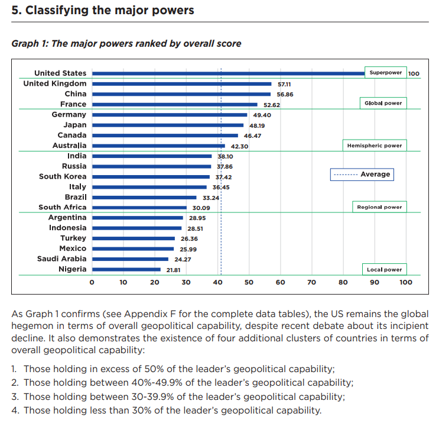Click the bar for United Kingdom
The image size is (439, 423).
click(181, 84)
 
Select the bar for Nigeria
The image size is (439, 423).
click(126, 269)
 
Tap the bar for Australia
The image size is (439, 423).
click(158, 146)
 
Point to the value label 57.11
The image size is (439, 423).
click(284, 84)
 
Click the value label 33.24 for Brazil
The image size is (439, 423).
click(211, 197)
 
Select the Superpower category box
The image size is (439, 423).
click(385, 73)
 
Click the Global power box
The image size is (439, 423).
click(383, 103)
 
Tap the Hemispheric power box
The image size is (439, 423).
click(375, 146)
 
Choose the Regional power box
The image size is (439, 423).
click(379, 207)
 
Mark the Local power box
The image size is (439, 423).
click(384, 269)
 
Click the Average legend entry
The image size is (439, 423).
click(361, 174)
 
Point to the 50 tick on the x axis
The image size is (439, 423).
click(249, 282)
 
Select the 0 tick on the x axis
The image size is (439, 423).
click(92, 282)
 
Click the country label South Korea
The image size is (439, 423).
click(62, 176)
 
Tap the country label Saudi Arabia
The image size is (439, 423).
click(61, 259)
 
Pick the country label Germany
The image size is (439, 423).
click(69, 114)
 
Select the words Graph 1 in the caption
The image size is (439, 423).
click(27, 43)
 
